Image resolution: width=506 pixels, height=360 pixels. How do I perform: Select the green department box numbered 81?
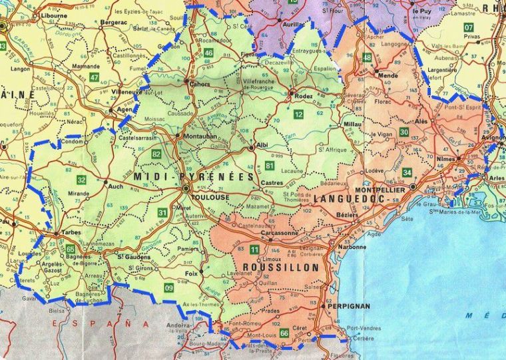269,164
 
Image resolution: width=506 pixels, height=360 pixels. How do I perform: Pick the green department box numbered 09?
169,287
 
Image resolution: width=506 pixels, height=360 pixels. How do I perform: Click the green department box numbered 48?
368,58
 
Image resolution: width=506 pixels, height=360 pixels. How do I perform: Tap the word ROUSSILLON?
282,267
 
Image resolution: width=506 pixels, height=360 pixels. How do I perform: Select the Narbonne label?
352,248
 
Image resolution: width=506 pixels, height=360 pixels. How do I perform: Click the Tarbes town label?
71,232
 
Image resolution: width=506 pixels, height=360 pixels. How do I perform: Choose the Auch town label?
116,186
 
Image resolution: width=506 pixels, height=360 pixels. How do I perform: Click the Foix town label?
192,272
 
